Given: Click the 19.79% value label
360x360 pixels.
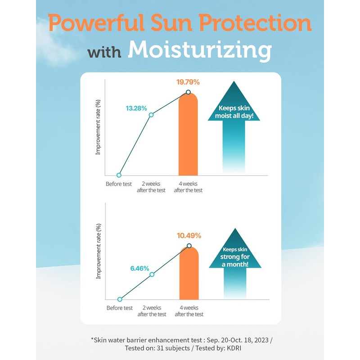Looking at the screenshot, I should tap(188, 82).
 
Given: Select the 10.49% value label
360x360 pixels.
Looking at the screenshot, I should tap(189, 235).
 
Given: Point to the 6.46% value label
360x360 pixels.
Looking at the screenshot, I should tap(139, 268).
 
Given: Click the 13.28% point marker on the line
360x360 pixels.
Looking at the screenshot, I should tap(151, 115).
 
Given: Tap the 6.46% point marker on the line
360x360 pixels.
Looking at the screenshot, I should tap(152, 274).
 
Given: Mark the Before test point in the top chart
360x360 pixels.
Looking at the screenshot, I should tap(119, 175).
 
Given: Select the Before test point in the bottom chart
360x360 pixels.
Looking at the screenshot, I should tap(120, 299).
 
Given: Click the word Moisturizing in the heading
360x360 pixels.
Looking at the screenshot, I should tap(200, 51).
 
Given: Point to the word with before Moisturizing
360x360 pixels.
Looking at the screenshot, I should tap(105, 52).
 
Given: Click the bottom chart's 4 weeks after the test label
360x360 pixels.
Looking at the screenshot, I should tap(189, 311).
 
